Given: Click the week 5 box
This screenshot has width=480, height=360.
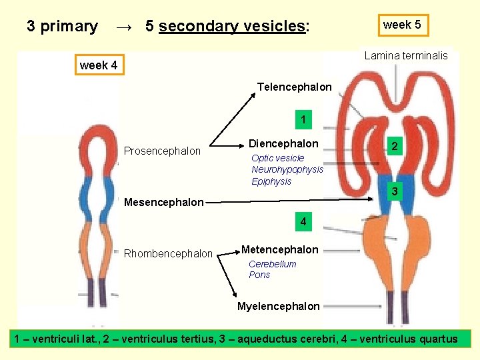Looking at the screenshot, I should [x=402, y=25].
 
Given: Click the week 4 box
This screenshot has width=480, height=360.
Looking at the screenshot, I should [x=98, y=65].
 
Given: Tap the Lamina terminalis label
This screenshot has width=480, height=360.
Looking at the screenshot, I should [x=406, y=56].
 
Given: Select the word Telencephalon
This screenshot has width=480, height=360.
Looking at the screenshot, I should [x=294, y=87].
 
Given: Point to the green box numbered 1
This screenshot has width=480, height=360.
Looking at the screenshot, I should [x=303, y=121].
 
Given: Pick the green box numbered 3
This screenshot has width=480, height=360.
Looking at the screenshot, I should [x=395, y=192].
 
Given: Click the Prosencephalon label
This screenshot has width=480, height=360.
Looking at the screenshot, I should [x=162, y=151].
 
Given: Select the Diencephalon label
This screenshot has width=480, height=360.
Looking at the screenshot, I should [x=283, y=143].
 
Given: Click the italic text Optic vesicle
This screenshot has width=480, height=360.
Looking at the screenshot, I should [x=277, y=159].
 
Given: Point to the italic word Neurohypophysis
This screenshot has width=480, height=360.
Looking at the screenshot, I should [x=287, y=170].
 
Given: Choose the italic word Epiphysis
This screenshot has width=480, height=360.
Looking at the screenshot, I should [x=271, y=181].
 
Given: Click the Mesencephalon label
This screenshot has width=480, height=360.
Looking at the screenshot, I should [x=164, y=202].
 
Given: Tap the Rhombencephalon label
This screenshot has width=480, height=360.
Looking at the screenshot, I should [x=168, y=253].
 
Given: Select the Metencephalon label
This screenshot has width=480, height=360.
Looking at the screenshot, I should [x=279, y=249].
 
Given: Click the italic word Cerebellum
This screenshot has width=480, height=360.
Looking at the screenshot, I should [x=272, y=264].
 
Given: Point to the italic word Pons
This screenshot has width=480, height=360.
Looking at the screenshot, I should [x=259, y=275].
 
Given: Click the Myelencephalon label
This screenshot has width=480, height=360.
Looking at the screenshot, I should [x=278, y=307].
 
